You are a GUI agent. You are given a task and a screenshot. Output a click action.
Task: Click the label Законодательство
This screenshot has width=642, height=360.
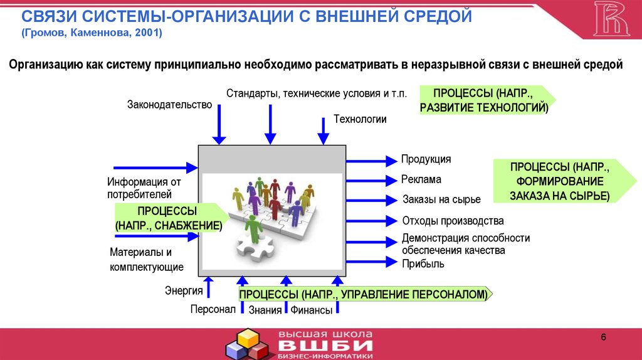169,105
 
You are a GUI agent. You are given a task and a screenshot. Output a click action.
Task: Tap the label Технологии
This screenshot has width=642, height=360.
360,119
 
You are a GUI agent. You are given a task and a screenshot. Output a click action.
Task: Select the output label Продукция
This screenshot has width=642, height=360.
426,160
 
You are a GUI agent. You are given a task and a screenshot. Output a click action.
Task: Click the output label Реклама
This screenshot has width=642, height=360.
421,179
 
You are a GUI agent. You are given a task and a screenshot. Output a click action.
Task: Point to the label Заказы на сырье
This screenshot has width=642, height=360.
441,199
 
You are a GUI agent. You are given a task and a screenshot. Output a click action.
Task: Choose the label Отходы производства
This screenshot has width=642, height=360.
452,221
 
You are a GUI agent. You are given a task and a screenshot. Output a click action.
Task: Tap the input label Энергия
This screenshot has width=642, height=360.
184,290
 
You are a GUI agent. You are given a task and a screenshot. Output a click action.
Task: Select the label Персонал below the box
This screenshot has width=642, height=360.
213,309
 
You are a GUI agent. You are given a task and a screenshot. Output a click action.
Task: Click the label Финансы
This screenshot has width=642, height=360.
311,309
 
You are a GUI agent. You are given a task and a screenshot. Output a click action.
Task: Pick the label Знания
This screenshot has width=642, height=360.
265,309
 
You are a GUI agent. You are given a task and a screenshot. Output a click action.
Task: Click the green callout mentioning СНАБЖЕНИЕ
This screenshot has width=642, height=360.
168,218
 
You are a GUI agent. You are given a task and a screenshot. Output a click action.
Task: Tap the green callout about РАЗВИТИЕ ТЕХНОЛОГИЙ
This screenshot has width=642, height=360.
485,101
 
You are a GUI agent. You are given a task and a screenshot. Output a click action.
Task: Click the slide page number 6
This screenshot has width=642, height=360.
603,337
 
